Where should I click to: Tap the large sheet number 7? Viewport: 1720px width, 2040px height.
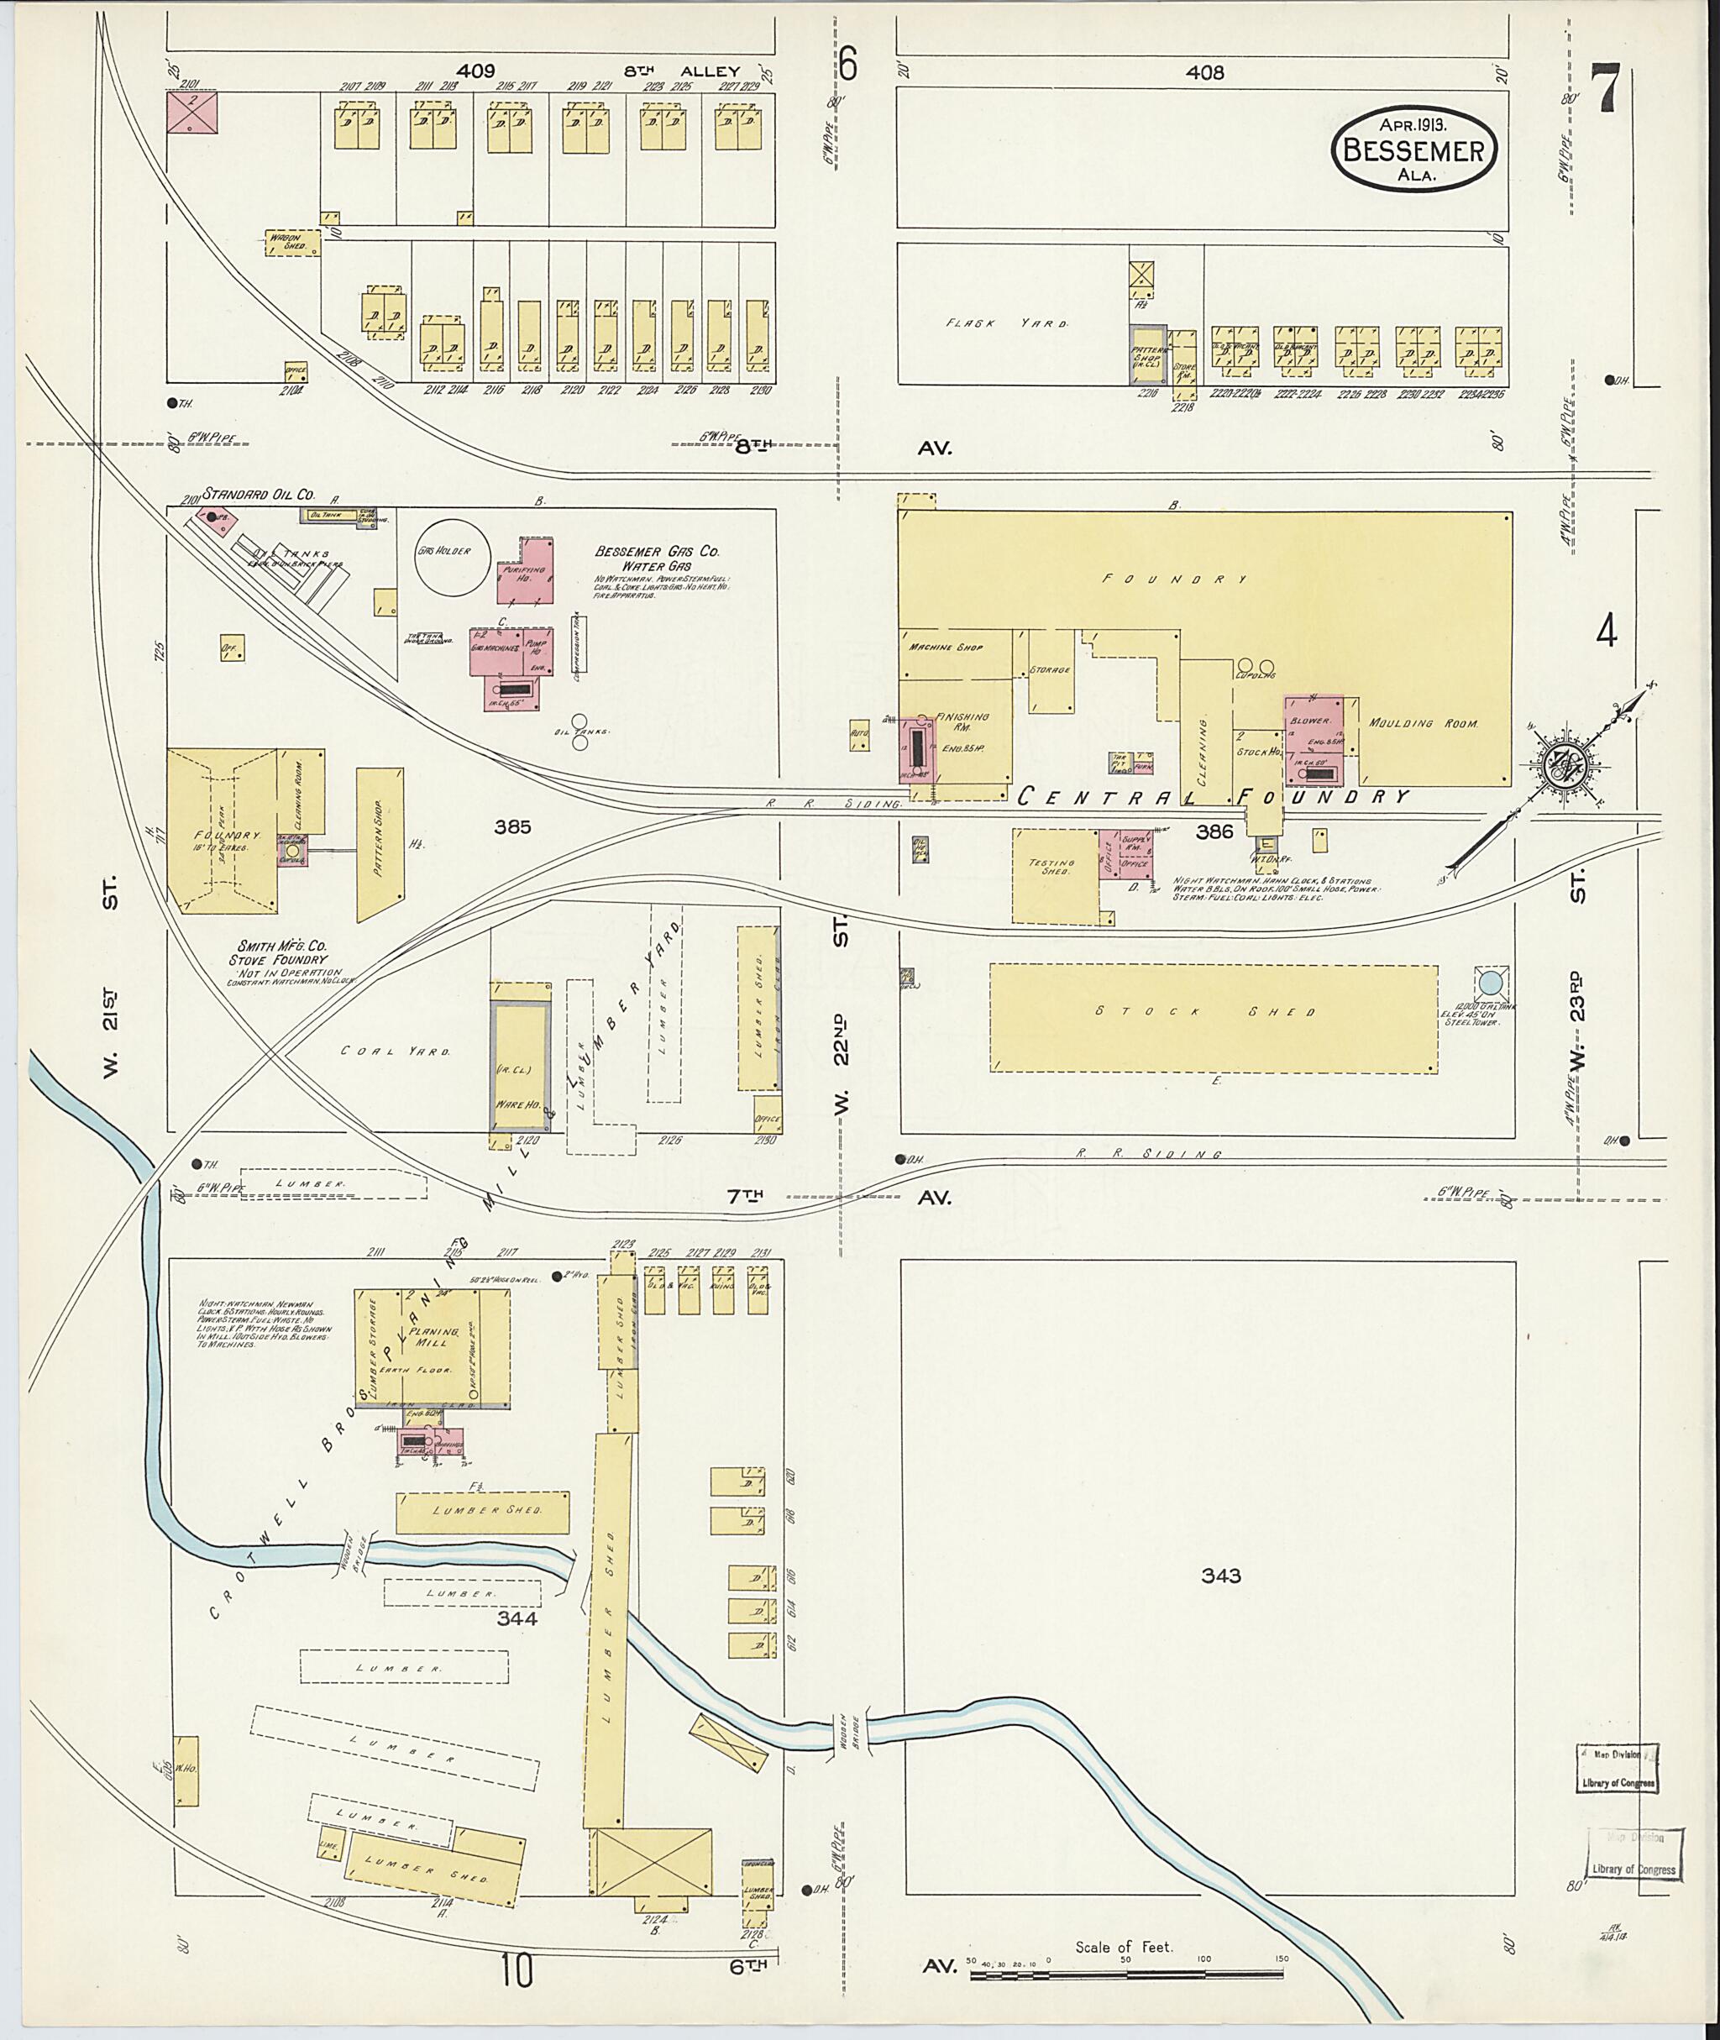1604,91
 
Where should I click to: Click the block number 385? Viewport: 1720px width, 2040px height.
512,827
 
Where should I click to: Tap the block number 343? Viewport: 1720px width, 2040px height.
1221,1576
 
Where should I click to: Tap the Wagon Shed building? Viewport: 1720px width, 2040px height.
293,243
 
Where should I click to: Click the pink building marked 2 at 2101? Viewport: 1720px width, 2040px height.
192,111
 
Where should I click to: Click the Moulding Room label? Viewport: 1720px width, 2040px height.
1424,724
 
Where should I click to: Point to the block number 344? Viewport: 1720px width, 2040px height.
517,1618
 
